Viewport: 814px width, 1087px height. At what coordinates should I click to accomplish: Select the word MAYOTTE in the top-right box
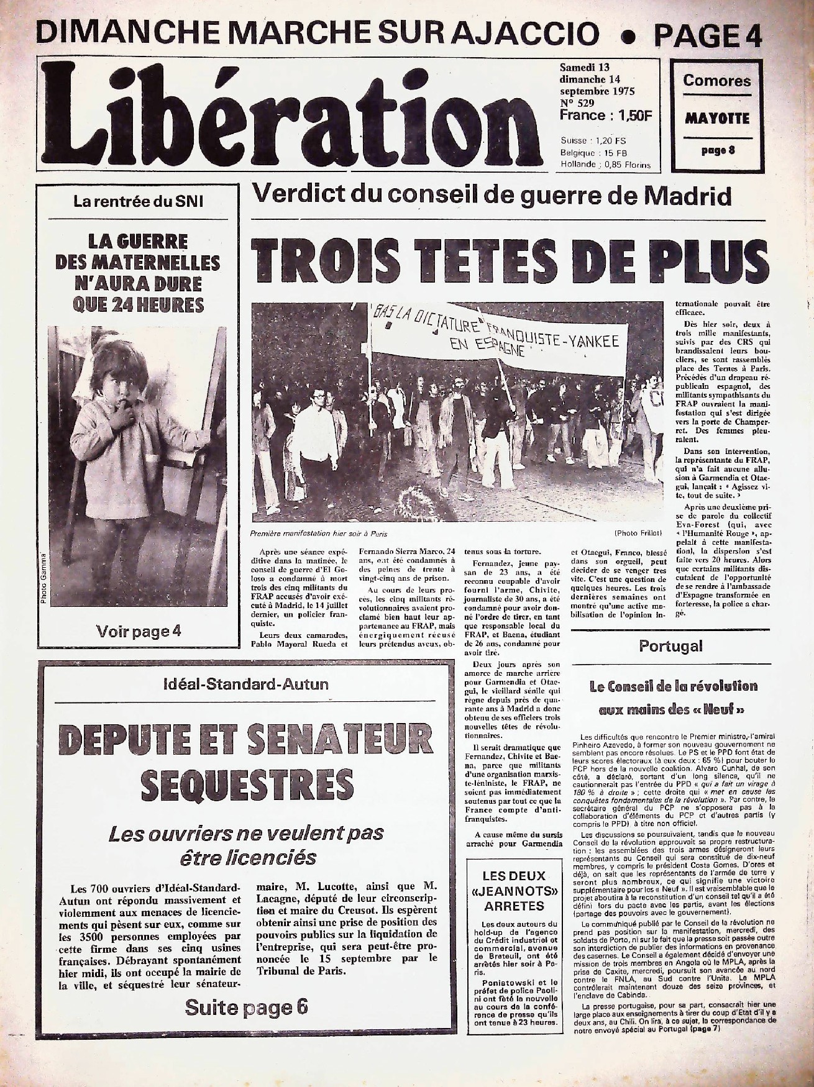pos(717,119)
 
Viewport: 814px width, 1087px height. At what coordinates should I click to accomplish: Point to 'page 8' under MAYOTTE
pos(718,150)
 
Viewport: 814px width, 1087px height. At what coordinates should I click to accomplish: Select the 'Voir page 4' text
pos(139,632)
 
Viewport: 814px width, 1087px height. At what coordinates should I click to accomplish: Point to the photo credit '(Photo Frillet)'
pos(638,533)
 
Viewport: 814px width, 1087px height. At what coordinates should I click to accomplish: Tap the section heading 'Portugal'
pos(670,646)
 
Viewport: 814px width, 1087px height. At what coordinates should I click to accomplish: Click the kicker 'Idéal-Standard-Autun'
pos(245,685)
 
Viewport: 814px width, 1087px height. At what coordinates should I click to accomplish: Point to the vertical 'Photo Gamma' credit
pos(44,578)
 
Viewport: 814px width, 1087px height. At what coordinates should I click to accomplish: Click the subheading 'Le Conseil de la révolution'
pos(674,686)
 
